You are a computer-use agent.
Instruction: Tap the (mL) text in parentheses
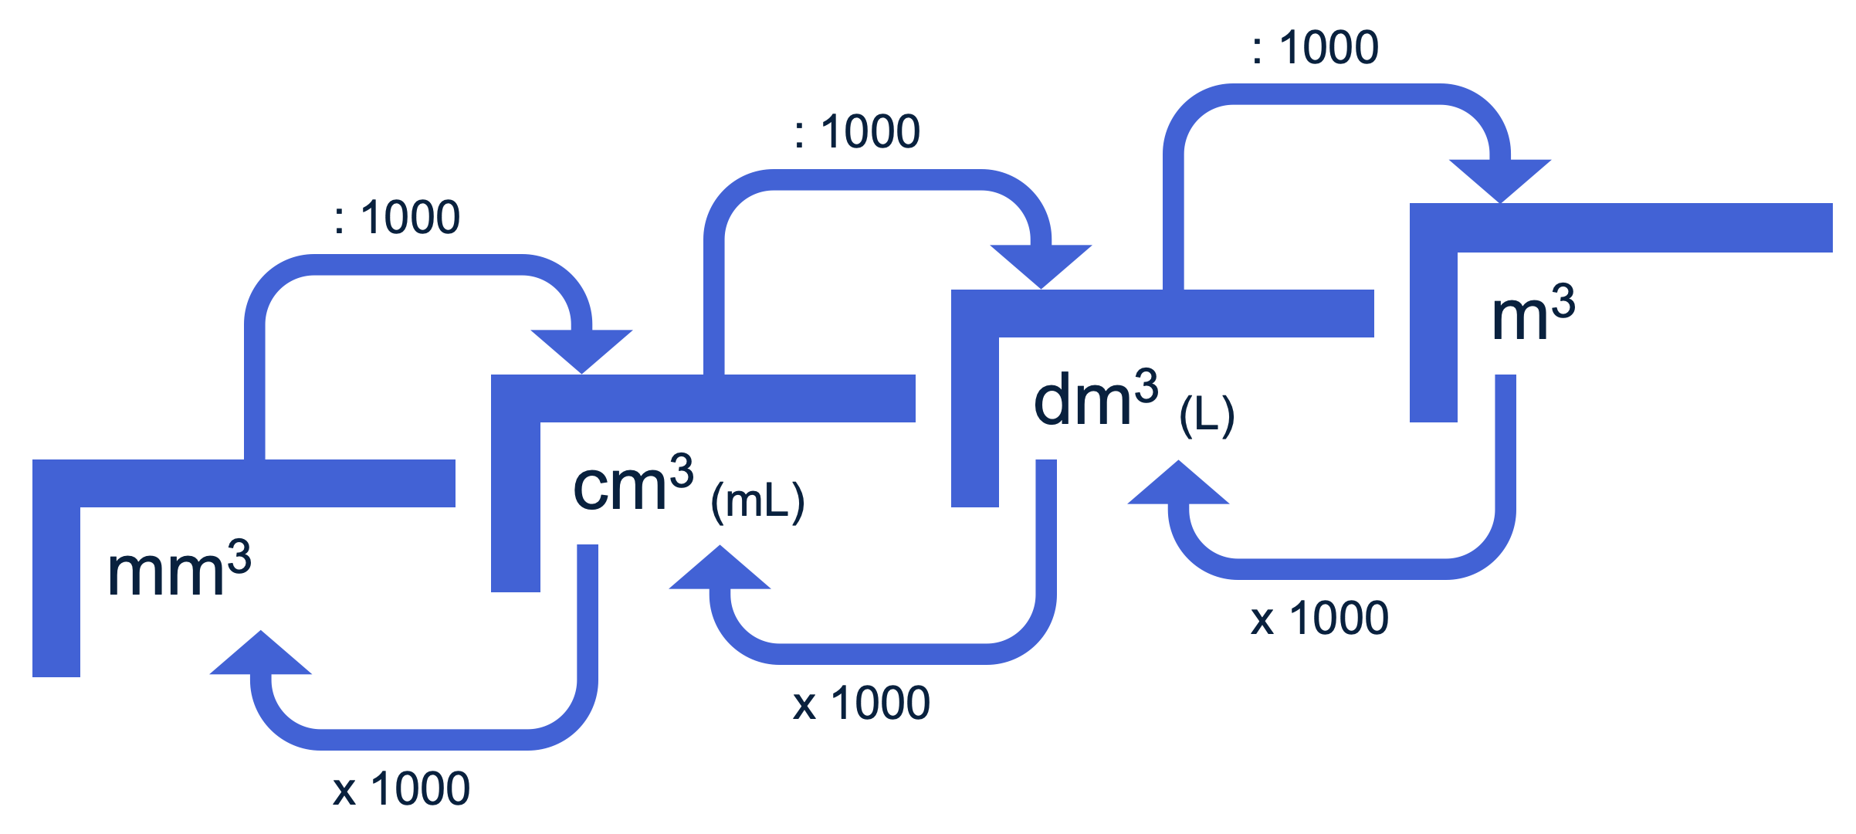[x=757, y=502]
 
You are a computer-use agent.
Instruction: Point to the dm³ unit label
[x=1096, y=399]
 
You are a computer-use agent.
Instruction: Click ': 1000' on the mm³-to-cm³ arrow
[x=397, y=217]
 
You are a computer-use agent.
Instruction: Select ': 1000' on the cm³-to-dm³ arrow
[x=857, y=131]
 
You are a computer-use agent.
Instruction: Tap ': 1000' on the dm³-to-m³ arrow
[x=1315, y=47]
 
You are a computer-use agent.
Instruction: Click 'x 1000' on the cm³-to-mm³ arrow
[x=401, y=789]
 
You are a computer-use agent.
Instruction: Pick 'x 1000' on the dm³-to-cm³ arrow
[x=862, y=703]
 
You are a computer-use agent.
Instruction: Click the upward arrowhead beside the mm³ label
[x=261, y=656]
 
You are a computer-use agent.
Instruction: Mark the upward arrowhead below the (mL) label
[x=720, y=571]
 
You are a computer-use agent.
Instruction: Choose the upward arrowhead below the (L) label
[x=1178, y=486]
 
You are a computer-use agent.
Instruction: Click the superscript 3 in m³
[x=1563, y=300]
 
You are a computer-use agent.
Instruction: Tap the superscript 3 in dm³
[x=1146, y=386]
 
